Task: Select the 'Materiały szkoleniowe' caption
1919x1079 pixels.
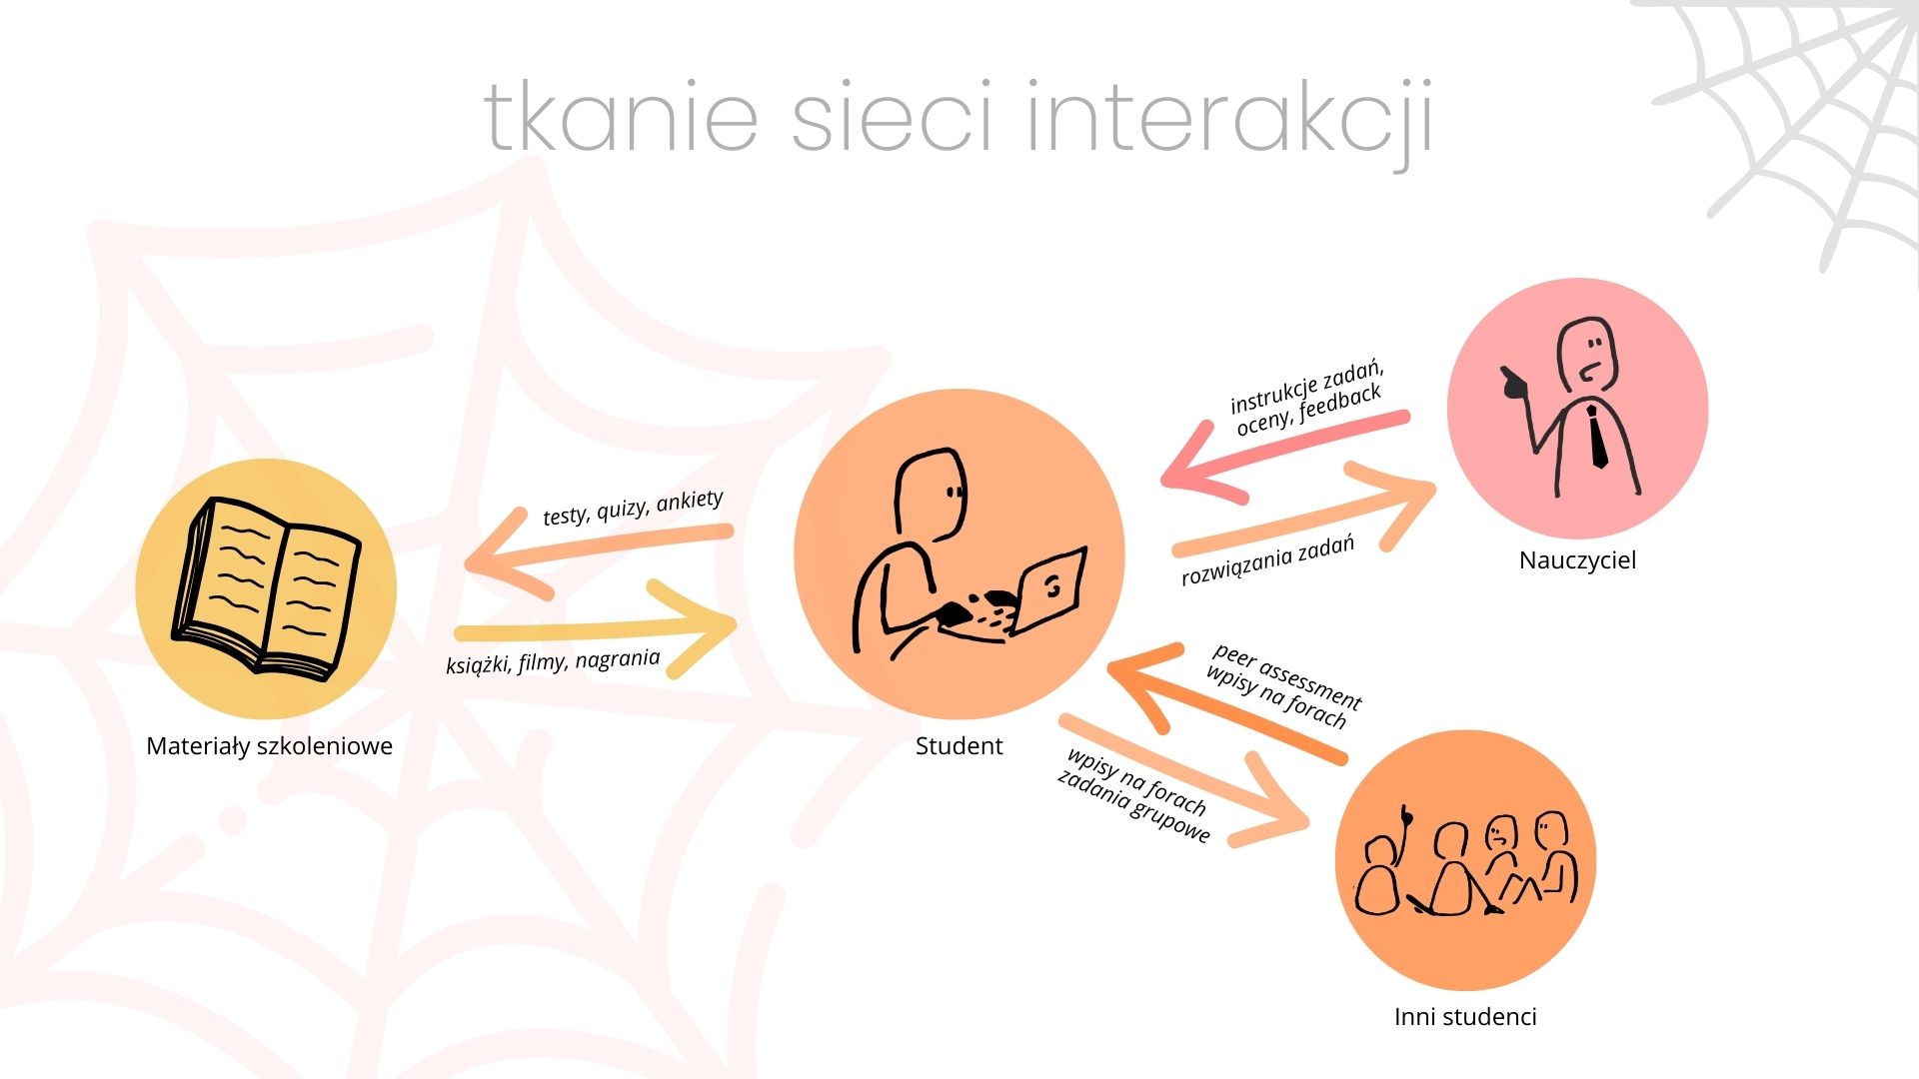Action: pos(269,746)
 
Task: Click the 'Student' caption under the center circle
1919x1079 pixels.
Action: pos(959,746)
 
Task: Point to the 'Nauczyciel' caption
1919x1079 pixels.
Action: pos(1577,560)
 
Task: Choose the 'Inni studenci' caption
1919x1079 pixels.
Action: pos(1465,1017)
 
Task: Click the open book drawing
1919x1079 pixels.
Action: pos(267,587)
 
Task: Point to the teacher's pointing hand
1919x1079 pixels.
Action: pos(1515,383)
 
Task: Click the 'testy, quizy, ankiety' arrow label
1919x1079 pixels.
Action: pos(633,508)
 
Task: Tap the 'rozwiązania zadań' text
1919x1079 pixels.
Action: pos(1268,560)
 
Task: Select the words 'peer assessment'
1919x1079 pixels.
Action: pos(1288,675)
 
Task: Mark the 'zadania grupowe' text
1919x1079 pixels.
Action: pos(1134,806)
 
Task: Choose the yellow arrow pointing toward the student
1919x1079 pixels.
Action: pos(596,629)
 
